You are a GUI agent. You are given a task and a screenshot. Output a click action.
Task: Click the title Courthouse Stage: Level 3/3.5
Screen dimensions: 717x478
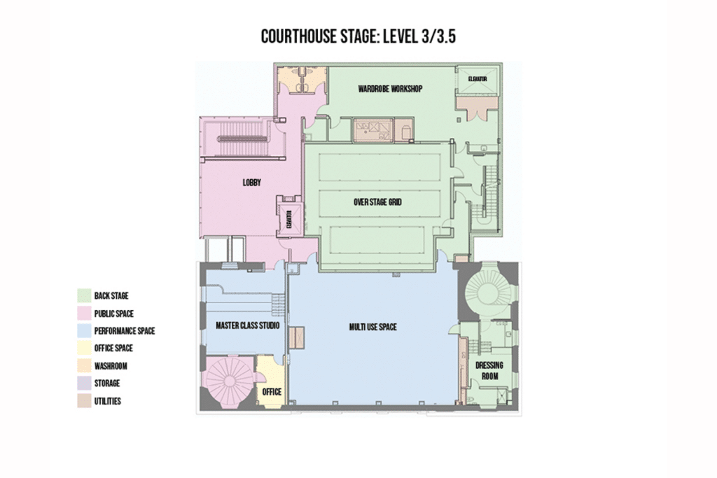coord(358,36)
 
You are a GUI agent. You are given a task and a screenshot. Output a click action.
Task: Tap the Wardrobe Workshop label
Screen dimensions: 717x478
coord(390,89)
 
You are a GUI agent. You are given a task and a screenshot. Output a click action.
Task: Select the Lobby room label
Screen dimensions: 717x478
coord(252,183)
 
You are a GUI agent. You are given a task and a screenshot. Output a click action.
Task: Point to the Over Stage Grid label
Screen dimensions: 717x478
coord(377,202)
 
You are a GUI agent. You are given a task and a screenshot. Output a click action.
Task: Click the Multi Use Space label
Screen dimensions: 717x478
coord(373,327)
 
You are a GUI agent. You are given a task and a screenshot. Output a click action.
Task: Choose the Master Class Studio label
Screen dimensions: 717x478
coord(247,325)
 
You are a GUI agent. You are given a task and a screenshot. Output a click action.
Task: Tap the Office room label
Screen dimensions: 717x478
coord(272,392)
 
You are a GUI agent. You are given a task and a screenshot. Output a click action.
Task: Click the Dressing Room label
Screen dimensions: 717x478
coord(489,371)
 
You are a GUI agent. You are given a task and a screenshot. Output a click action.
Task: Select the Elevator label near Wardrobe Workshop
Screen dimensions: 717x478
coord(478,79)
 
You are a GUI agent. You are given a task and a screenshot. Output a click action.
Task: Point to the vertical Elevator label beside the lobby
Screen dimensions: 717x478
coord(288,219)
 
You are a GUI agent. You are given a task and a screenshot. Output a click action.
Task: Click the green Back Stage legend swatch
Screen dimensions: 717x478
coord(84,295)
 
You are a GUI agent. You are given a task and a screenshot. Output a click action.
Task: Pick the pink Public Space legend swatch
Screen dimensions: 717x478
coord(84,313)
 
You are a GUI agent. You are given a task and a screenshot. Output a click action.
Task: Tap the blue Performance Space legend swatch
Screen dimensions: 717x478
coord(84,330)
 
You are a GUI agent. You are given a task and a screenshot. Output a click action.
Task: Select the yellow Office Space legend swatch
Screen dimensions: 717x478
coord(84,349)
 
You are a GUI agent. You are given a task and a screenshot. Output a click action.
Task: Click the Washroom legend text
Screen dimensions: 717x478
coord(111,366)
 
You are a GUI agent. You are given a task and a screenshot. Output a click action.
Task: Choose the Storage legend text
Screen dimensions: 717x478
coord(107,384)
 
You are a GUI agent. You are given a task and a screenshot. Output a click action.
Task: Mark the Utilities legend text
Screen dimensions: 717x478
coord(107,401)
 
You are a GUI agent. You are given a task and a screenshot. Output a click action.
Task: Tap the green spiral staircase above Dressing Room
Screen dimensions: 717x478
coord(485,291)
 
